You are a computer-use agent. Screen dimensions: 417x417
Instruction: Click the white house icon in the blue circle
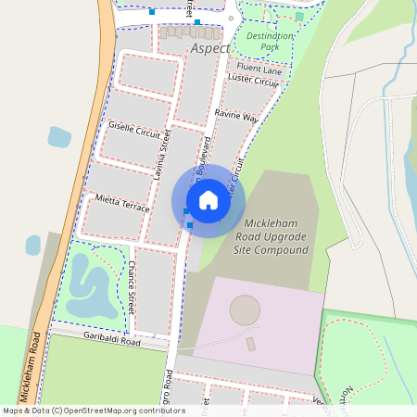[208, 200]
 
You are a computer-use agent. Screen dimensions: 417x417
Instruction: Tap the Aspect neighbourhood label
[210, 47]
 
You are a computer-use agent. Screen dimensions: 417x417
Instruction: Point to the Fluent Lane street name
[259, 69]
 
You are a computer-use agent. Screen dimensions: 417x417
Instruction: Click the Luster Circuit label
[253, 82]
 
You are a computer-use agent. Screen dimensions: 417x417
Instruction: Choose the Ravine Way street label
[236, 117]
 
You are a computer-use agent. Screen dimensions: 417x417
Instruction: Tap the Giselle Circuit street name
[134, 129]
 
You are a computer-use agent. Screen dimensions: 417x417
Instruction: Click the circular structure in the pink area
[245, 310]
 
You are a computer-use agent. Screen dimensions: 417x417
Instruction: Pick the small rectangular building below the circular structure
[251, 344]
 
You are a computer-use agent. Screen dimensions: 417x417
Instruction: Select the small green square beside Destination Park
[299, 16]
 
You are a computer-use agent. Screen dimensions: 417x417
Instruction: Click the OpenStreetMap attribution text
[82, 411]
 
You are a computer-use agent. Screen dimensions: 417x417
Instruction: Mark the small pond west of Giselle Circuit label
[58, 138]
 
